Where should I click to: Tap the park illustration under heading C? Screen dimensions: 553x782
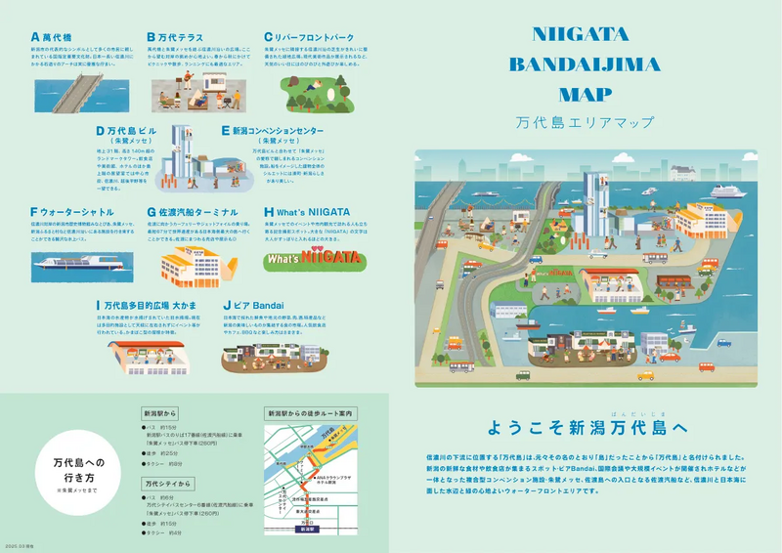point(313,91)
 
